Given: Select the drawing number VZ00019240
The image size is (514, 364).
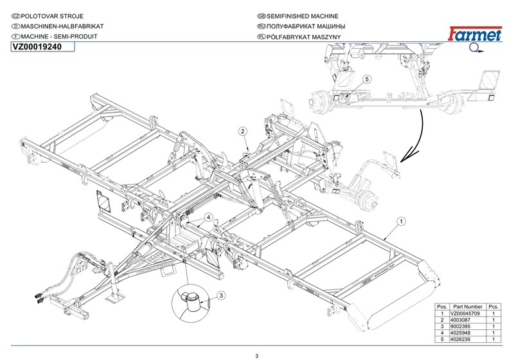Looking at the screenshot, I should click(x=37, y=48).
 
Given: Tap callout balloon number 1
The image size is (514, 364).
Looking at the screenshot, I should click(x=400, y=221).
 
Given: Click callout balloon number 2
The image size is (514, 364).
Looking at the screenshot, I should click(x=243, y=132).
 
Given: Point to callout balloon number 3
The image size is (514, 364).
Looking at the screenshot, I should click(x=220, y=295).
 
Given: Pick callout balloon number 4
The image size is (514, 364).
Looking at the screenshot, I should click(x=209, y=218).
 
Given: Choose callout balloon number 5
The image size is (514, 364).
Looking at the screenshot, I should click(x=367, y=78).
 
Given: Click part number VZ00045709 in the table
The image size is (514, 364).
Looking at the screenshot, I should click(x=466, y=313).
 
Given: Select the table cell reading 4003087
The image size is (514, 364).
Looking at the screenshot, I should click(x=466, y=320).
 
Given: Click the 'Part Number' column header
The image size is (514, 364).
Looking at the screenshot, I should click(x=466, y=306).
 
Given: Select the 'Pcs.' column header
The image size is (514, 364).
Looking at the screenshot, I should click(x=494, y=306).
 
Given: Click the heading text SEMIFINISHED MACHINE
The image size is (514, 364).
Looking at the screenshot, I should click(x=297, y=15).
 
